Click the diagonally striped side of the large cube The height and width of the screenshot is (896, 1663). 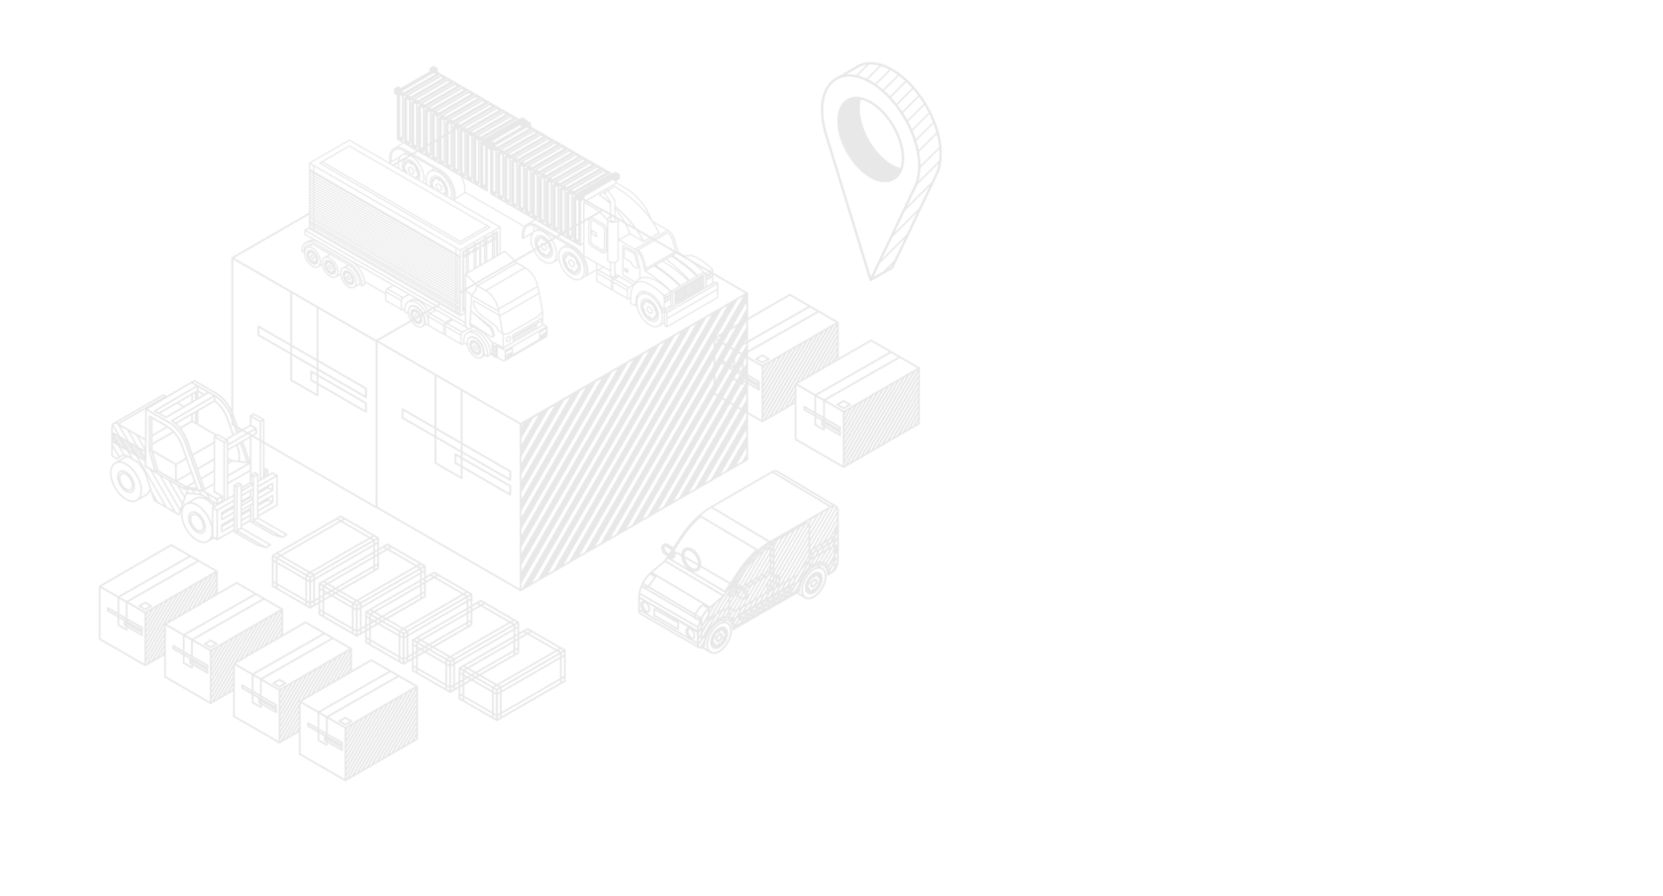pyautogui.click(x=634, y=446)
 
